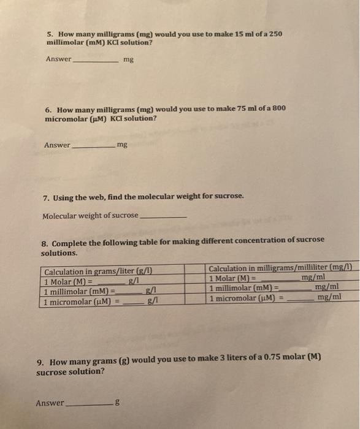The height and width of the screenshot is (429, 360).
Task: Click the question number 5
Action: pos(49,33)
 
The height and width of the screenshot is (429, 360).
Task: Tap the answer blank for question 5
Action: pos(96,61)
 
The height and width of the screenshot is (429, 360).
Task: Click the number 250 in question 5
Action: pos(275,33)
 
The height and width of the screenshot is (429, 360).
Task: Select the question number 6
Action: pos(48,108)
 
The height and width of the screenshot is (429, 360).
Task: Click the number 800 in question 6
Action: pos(278,108)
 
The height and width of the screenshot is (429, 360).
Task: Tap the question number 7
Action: pos(47,197)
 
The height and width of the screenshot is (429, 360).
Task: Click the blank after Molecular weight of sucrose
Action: pos(164,216)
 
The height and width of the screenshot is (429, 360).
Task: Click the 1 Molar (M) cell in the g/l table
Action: pos(92,282)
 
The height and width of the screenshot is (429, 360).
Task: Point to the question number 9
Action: pos(40,362)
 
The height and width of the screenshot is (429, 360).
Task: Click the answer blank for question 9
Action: pos(88,404)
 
